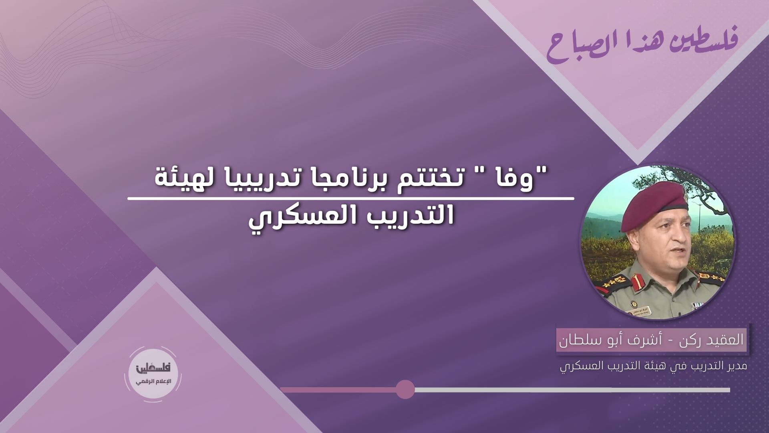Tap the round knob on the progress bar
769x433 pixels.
(x=405, y=390)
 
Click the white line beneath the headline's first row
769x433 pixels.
(x=350, y=198)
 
